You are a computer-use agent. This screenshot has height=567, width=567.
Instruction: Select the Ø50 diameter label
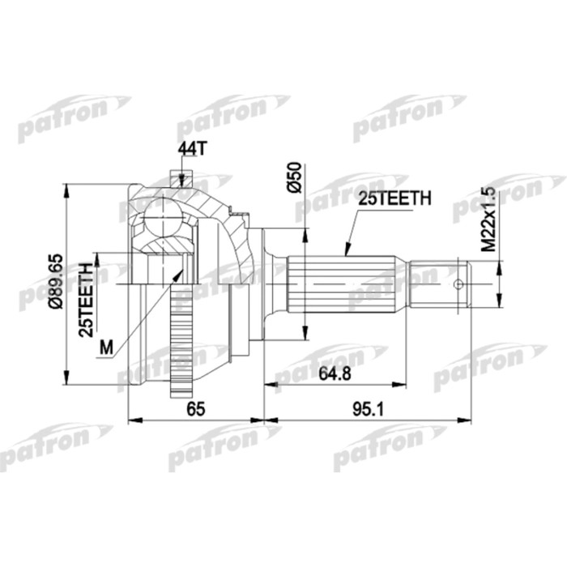tap(295, 177)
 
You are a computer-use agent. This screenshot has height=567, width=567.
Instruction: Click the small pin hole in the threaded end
tap(460, 284)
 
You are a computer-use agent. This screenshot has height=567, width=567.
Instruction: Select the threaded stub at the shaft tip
tap(441, 284)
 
